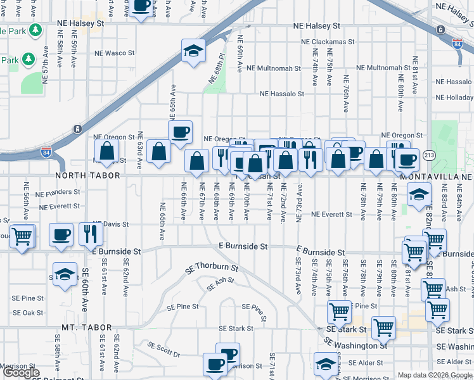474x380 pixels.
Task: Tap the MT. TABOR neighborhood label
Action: (x=87, y=327)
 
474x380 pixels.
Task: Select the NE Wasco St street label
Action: (x=112, y=53)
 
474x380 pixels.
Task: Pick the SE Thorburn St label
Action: (x=211, y=268)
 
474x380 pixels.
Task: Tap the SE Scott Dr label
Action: (x=164, y=348)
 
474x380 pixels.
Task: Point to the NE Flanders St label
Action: (x=58, y=192)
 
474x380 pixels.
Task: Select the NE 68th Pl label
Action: (x=217, y=70)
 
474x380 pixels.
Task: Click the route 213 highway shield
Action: (x=429, y=155)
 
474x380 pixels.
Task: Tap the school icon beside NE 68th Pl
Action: (x=193, y=51)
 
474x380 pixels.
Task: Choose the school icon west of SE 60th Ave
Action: (x=65, y=274)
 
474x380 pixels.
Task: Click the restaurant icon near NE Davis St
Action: (x=90, y=234)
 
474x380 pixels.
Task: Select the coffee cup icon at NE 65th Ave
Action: (x=181, y=132)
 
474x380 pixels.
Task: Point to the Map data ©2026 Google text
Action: (x=434, y=375)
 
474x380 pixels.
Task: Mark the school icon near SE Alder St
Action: (x=326, y=364)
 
